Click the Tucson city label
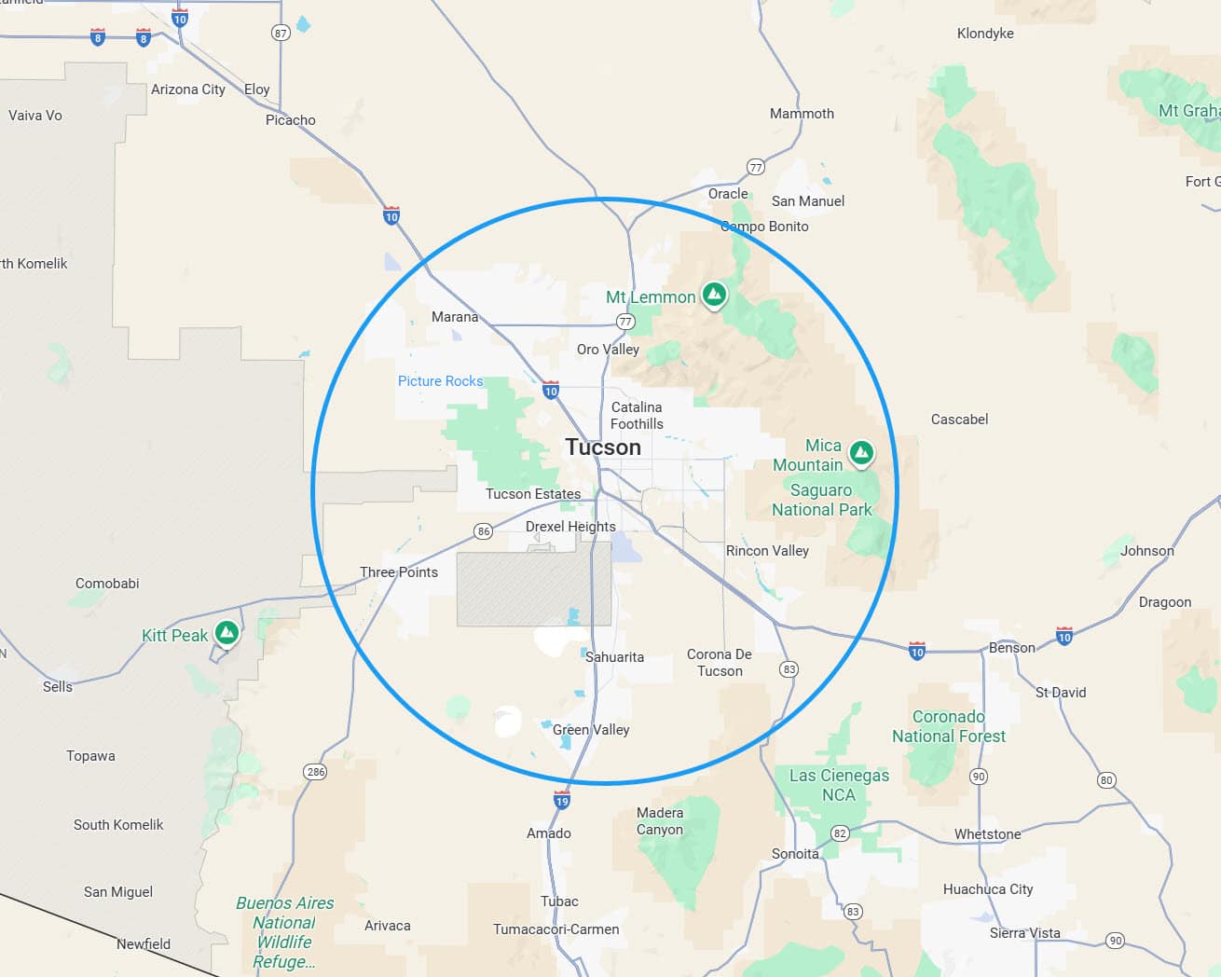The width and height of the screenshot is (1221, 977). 603,447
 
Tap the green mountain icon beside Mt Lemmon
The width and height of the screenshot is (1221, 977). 714,296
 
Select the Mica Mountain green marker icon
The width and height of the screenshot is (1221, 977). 861,454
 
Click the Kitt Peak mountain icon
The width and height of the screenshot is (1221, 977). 226,633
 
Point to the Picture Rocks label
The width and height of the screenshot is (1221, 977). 440,381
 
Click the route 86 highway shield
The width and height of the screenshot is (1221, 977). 483,531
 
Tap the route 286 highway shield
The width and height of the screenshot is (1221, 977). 315,772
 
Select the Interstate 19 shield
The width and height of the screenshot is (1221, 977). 561,800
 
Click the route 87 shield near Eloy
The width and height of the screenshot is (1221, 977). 281,33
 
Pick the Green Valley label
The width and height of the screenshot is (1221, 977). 591,730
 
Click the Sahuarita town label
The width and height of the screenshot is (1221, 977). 614,657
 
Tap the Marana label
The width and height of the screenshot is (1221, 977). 455,317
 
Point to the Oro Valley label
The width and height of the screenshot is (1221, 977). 608,350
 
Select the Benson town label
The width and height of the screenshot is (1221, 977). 1012,648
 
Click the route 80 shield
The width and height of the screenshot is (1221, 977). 1106,780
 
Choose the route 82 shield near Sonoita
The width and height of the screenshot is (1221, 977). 840,833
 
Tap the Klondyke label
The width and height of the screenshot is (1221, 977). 985,34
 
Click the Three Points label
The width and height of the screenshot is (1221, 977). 399,572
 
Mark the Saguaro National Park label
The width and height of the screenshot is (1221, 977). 821,500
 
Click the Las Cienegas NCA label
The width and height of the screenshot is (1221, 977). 839,785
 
